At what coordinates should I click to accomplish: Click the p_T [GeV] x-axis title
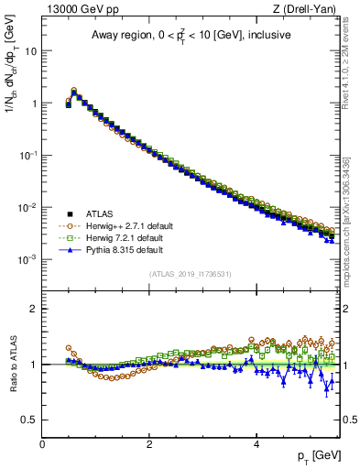[318, 455]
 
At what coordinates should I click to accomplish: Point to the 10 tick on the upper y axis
[30, 51]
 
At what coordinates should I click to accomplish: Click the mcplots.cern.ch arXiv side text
[350, 211]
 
